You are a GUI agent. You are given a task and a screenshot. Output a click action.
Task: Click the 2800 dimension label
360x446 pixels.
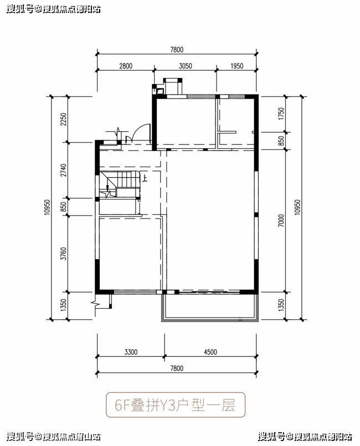(126, 66)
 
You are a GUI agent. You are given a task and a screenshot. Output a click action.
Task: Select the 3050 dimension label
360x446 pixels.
(186, 66)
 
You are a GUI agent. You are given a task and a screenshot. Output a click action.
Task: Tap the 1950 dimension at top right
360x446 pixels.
(237, 66)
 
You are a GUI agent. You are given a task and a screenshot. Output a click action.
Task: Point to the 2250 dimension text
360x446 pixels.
(64, 120)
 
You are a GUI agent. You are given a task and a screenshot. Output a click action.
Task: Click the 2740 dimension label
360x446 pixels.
(64, 170)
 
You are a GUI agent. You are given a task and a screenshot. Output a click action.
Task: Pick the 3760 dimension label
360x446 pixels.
(64, 253)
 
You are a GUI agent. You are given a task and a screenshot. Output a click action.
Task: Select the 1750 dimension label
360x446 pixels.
(281, 114)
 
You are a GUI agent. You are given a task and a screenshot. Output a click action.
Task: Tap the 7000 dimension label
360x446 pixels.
(281, 221)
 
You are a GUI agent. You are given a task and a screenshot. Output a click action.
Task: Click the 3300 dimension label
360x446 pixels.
(131, 352)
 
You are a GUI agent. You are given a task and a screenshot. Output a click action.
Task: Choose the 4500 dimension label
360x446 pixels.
(210, 352)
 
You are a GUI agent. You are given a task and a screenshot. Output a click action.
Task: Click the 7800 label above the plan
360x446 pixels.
(177, 50)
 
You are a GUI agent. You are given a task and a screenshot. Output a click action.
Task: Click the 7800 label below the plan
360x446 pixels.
(177, 369)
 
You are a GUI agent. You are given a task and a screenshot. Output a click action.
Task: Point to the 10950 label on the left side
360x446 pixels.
(47, 207)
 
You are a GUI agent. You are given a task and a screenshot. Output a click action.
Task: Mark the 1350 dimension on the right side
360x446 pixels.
(281, 305)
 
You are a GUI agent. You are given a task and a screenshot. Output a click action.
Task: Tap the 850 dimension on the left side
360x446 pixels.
(64, 207)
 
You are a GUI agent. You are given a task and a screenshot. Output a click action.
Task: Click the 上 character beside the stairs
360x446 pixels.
(145, 178)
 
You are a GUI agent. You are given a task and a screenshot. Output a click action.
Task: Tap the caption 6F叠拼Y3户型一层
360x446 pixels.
(175, 405)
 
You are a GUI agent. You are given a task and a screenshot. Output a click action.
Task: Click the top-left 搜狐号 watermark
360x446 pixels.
(20, 9)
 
